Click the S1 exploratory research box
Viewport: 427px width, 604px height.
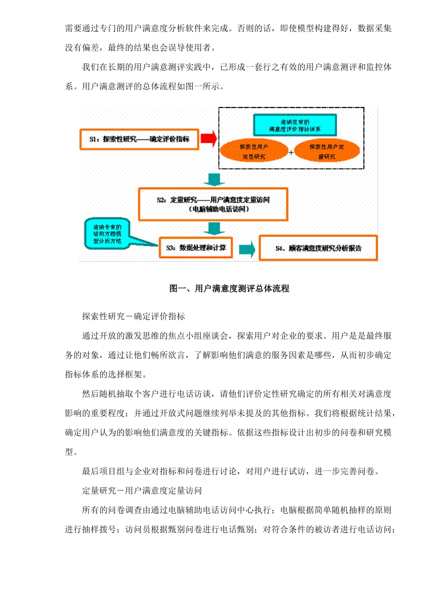139,139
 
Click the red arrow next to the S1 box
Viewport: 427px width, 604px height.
209,138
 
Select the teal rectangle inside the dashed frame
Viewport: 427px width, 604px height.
295,125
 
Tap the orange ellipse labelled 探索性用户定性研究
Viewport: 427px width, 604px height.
254,151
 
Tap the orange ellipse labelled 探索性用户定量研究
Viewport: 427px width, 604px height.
327,151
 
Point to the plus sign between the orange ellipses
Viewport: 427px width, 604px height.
291,153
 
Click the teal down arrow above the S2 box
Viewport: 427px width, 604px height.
214,179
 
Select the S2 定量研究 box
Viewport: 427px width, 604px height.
213,204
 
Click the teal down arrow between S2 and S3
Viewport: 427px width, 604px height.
214,228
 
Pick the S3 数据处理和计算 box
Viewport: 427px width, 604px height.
196,248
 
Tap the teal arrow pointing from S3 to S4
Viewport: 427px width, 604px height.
247,249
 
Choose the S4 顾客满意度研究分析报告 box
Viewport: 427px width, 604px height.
318,248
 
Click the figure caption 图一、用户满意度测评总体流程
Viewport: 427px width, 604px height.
229,289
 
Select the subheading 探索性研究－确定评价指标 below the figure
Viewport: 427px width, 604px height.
133,316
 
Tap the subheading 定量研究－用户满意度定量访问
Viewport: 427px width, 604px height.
142,490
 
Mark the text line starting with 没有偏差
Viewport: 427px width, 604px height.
141,48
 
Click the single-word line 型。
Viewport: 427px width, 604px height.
71,452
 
